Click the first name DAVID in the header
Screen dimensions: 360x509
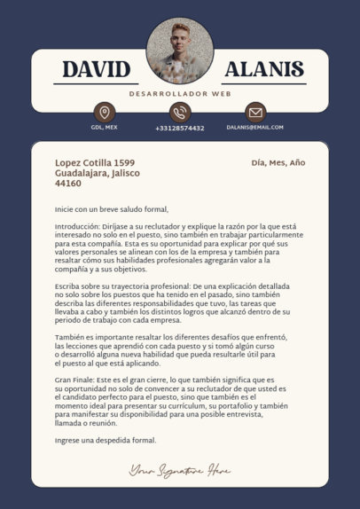click(x=97, y=70)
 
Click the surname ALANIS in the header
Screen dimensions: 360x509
click(x=263, y=70)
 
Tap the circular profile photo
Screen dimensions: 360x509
click(x=180, y=50)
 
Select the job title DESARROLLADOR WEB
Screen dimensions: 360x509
click(x=180, y=93)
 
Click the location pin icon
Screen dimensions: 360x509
click(x=105, y=113)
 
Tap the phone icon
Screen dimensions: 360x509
click(x=180, y=113)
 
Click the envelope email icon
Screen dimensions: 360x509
click(x=255, y=113)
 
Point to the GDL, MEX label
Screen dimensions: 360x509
click(x=105, y=128)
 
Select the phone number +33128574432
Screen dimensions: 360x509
click(x=180, y=128)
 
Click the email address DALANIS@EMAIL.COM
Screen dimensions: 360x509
click(x=255, y=128)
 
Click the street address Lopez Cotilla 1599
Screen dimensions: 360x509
click(x=95, y=163)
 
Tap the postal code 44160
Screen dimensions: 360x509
click(x=68, y=184)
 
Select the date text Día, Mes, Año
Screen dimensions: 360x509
click(x=278, y=163)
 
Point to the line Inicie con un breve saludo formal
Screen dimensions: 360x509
click(x=111, y=209)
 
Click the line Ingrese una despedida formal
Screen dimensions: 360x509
click(x=105, y=440)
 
